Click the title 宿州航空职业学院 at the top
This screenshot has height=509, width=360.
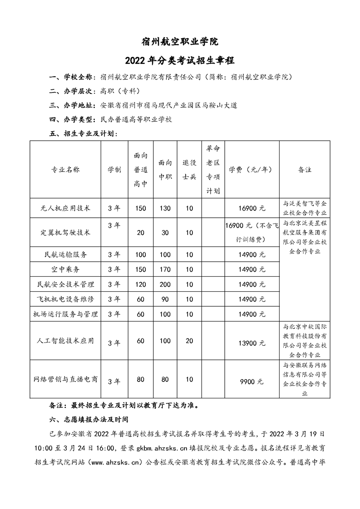pos(180,42)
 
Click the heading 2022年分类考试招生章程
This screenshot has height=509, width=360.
pos(180,60)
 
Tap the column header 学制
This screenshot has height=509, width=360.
pos(114,170)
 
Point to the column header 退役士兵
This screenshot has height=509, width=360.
pos(189,170)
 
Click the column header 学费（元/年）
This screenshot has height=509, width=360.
pos(251,170)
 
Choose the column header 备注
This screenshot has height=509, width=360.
pos(304,170)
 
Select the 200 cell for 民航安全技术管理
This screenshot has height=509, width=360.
pos(165,284)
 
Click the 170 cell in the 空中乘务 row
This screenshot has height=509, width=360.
pos(165,269)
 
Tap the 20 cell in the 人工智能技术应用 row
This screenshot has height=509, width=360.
pos(189,341)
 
